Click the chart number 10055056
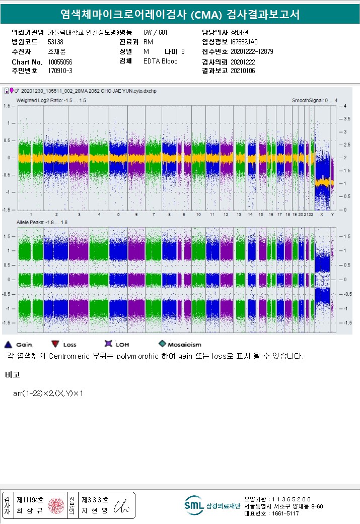pos(60,61)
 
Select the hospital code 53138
pos(55,42)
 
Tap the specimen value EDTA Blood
pos(160,61)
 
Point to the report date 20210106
pos(243,71)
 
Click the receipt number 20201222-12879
pos(252,52)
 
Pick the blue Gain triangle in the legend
pos(8,344)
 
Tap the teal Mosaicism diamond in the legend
pos(162,344)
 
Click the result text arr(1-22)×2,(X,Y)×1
pos(48,393)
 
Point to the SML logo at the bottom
pos(194,505)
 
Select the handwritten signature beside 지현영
pos(122,506)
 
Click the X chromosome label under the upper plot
pos(321,214)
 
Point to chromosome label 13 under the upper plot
pos(239,214)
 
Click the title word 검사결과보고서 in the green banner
pos(262,15)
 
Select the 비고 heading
pos(12,375)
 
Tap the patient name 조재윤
pos(56,52)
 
